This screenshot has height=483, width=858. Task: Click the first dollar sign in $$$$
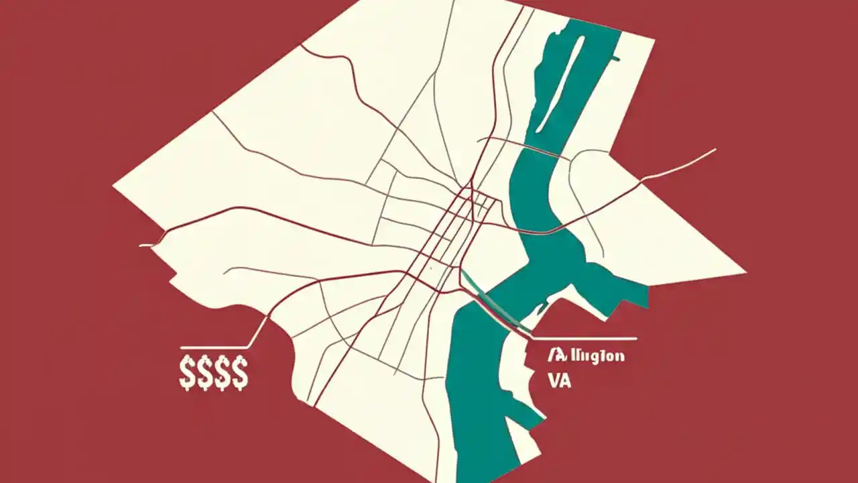pos(187,374)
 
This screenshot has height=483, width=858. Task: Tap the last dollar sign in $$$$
pos(239,374)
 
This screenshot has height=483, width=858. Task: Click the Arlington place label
pos(586,356)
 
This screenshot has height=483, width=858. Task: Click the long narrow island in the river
pos(566,74)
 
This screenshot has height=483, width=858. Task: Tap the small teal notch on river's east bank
pos(614,60)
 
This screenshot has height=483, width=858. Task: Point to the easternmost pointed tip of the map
pos(745,273)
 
